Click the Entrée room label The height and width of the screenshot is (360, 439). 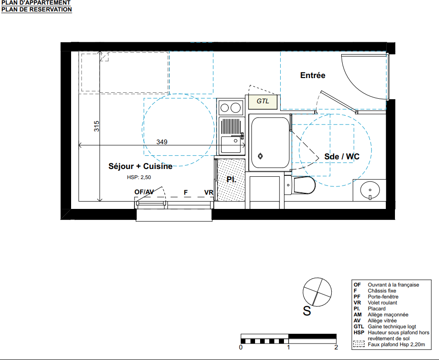click(x=313, y=75)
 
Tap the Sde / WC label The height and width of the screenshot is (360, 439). click(x=342, y=156)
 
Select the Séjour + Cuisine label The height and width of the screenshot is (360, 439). click(x=140, y=166)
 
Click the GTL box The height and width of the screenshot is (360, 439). click(x=263, y=101)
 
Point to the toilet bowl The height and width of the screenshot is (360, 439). click(x=304, y=185)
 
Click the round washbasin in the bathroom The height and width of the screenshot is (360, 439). click(x=370, y=190)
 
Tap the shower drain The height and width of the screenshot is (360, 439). click(x=261, y=156)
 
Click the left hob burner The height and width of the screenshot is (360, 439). click(x=225, y=107)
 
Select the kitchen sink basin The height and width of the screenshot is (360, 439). click(x=231, y=144)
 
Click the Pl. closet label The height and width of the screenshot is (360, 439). click(x=231, y=179)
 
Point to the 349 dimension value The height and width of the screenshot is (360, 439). click(x=162, y=142)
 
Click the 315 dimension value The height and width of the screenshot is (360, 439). click(x=96, y=126)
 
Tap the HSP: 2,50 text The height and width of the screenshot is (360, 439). click(x=139, y=177)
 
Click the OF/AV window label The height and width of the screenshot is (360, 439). click(x=144, y=192)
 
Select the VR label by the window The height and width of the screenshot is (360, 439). click(x=209, y=192)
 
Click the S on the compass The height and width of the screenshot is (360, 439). click(x=307, y=311)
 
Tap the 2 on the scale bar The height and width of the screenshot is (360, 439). click(x=336, y=348)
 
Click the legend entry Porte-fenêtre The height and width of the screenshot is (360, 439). click(x=383, y=297)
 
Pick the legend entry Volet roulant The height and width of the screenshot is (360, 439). click(x=383, y=303)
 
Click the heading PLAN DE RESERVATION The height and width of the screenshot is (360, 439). click(x=37, y=9)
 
